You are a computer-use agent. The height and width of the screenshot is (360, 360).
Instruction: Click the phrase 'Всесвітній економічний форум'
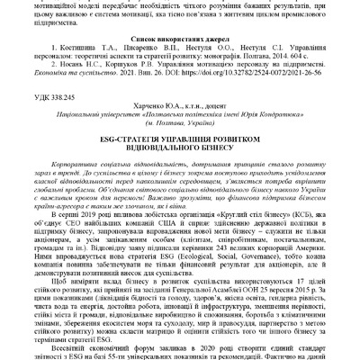[x=107, y=346]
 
